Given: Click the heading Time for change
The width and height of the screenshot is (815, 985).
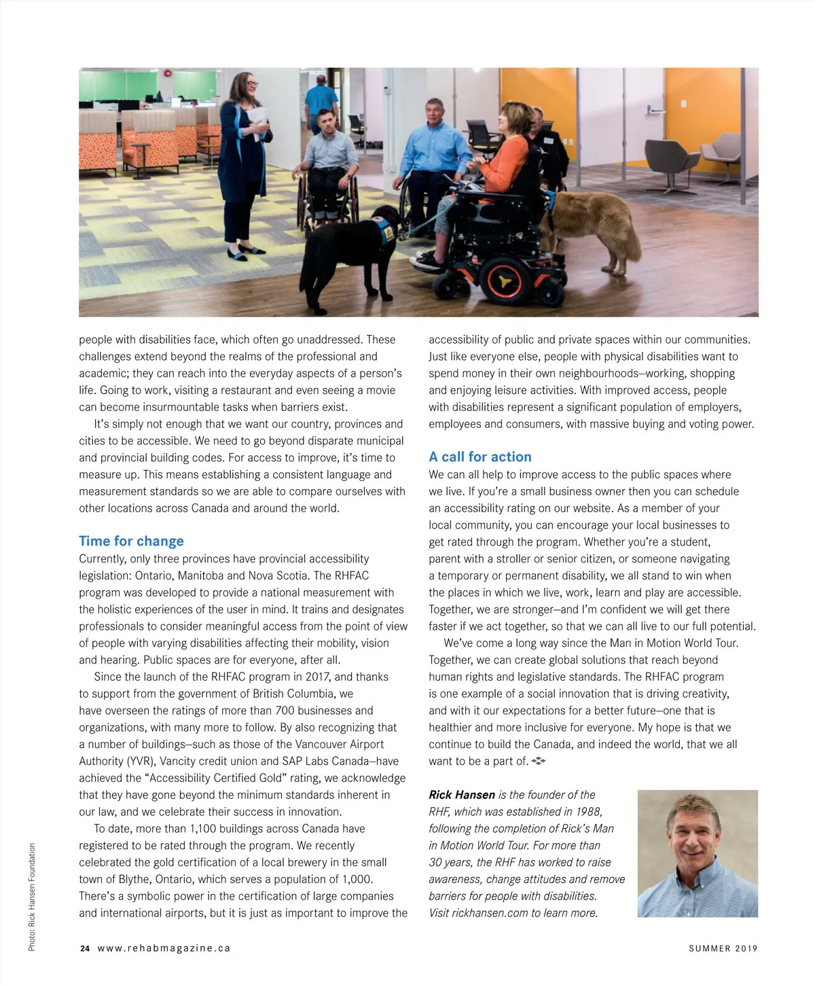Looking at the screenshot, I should (131, 541).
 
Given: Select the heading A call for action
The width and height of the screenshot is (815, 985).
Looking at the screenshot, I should (479, 457).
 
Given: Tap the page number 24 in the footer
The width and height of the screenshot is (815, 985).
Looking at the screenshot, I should (84, 948).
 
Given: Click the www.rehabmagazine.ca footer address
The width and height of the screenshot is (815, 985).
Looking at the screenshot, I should (164, 948).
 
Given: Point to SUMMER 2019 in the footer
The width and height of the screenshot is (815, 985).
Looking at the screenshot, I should (723, 948).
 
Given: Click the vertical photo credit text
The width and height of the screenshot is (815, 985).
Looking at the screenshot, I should (32, 897).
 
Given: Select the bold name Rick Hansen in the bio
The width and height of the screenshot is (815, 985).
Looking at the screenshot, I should (462, 795).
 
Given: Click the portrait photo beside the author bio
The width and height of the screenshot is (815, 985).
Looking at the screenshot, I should (698, 853).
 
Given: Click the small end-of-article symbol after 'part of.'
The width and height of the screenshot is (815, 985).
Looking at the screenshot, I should (539, 761).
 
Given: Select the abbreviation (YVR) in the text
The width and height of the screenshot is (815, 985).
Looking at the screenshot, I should (141, 762).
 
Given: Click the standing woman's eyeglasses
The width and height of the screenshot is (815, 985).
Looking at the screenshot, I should (251, 84).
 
